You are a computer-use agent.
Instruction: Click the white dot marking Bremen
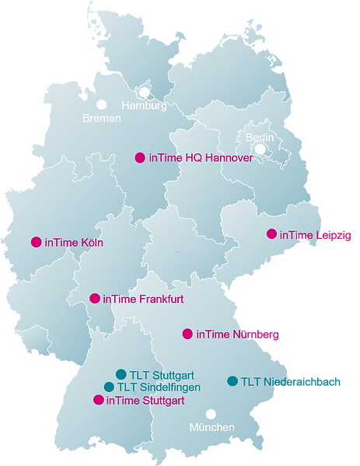coord(101,104)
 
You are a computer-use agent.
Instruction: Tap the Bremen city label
coord(102,118)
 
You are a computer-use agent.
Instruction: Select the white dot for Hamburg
coord(145,92)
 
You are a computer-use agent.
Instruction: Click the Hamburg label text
coord(144,106)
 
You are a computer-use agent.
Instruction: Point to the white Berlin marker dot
coord(260,149)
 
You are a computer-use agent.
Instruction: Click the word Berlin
coord(260,137)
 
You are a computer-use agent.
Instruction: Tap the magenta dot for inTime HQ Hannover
coord(140,157)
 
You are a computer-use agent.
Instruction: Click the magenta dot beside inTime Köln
coord(36,242)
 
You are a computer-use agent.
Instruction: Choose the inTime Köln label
coord(75,242)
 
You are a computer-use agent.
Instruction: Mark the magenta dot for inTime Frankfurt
coord(95,298)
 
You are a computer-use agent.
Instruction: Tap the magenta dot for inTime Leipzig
coord(271,233)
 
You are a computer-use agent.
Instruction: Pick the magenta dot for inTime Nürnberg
coord(187,334)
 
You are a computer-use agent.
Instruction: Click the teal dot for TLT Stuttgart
coord(121,374)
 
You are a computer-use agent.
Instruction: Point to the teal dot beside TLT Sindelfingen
coord(109,387)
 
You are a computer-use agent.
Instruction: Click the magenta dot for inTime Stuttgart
coord(98,400)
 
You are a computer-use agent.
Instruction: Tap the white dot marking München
coord(211,415)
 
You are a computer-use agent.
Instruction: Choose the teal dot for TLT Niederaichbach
coord(232,381)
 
